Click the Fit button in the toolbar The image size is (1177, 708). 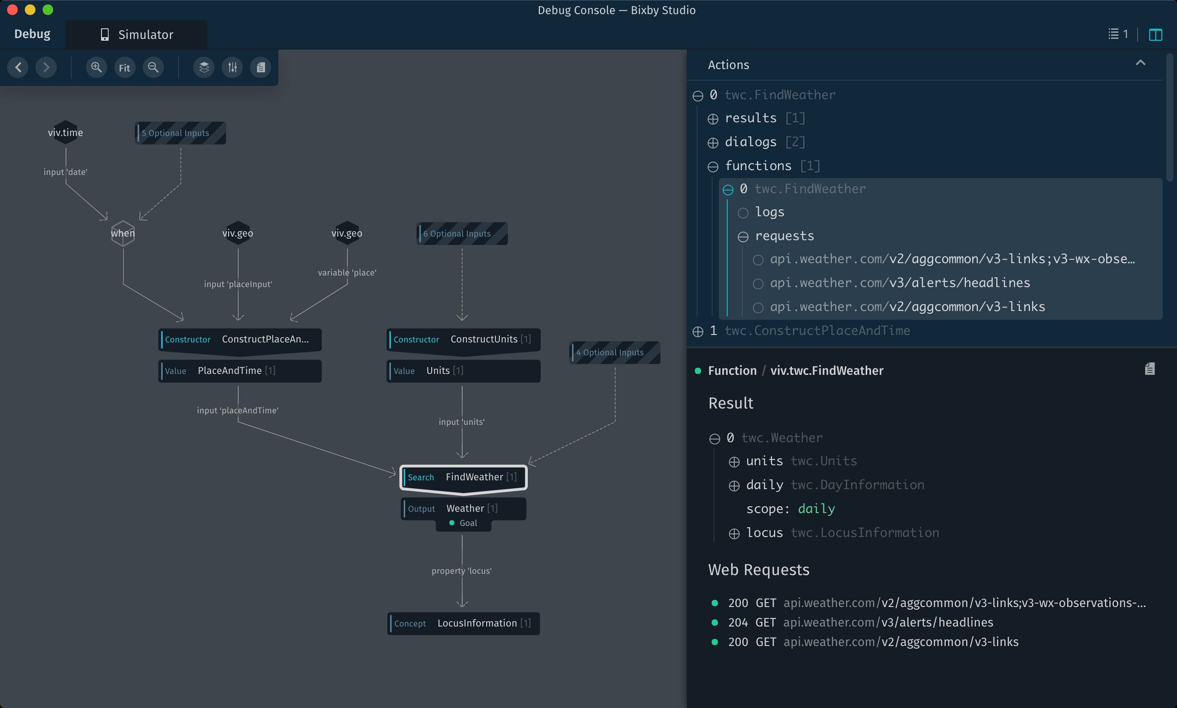coord(125,67)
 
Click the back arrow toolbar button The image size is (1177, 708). coord(18,67)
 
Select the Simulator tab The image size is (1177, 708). coord(137,34)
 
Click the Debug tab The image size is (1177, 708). coord(33,34)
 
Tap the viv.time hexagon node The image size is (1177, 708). coord(65,132)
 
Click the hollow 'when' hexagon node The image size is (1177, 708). coord(123,233)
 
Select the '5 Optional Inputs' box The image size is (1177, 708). coord(180,133)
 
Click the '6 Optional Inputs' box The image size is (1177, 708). coord(462,234)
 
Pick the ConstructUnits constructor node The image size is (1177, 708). coord(463,340)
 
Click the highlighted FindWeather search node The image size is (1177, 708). coord(463,478)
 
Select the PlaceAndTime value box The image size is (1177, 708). coord(240,371)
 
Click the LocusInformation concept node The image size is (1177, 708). coord(463,623)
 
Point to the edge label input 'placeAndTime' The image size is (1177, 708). coord(238,410)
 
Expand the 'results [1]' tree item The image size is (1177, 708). coord(713,119)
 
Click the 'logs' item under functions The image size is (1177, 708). coord(770,212)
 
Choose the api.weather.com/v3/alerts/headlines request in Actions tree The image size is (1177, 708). coord(900,283)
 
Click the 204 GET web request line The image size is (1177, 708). coord(860,622)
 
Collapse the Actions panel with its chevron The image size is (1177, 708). coord(1140,63)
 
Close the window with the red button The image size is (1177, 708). coord(12,10)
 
